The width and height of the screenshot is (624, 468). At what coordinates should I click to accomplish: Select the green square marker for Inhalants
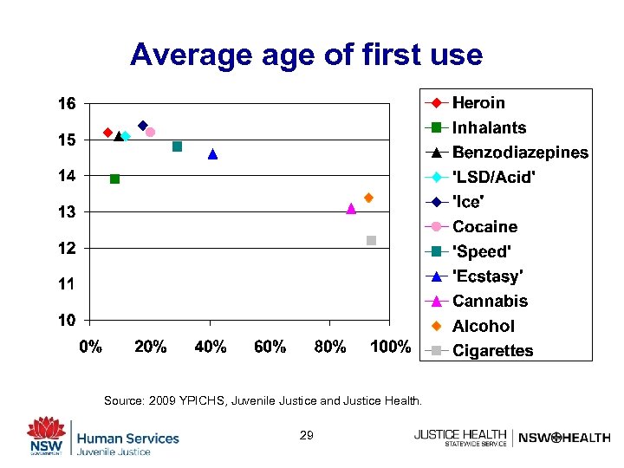tap(114, 179)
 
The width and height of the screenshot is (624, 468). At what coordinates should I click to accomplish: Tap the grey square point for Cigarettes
tap(371, 240)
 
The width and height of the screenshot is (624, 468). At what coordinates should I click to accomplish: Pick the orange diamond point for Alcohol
tap(368, 198)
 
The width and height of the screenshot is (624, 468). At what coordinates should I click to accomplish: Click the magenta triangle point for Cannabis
tap(351, 208)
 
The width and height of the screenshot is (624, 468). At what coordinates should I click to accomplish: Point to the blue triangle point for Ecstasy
tap(212, 154)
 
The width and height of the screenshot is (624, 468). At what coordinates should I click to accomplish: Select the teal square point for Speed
tap(177, 146)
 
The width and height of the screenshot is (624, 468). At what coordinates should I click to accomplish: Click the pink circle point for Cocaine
tap(150, 132)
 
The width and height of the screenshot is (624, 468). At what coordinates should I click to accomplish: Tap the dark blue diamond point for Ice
tap(143, 126)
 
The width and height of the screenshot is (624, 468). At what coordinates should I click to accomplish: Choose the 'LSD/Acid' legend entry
tap(493, 177)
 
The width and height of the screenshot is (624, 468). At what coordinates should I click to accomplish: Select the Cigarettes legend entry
tap(492, 351)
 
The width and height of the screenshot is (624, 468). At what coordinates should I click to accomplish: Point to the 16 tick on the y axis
tap(68, 103)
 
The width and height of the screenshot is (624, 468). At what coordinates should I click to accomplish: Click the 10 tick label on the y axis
tap(68, 321)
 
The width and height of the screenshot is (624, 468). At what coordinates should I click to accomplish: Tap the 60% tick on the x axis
tap(270, 348)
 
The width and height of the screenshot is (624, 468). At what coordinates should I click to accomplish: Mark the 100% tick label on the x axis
tap(390, 348)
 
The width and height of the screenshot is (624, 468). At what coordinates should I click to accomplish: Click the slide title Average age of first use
tap(306, 55)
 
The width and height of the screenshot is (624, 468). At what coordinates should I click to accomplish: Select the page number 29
tap(306, 435)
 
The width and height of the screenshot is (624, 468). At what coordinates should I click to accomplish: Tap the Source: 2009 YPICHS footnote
tap(263, 400)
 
